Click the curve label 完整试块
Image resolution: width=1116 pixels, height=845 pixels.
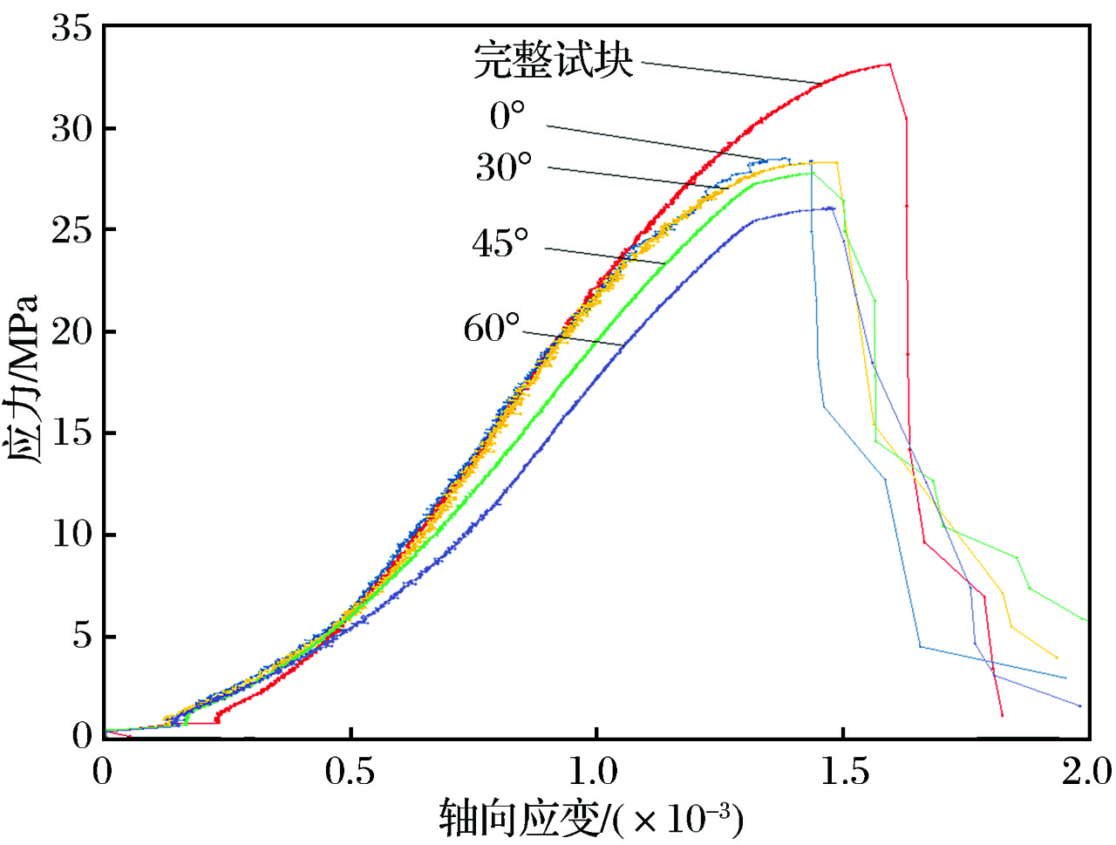[x=553, y=62]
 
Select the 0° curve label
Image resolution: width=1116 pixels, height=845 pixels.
[x=507, y=116]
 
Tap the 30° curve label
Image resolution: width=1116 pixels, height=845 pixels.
[x=503, y=167]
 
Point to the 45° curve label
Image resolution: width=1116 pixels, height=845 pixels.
[x=500, y=243]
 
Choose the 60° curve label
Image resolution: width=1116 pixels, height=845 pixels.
[x=492, y=329]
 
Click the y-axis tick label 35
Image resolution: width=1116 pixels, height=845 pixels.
[x=71, y=29]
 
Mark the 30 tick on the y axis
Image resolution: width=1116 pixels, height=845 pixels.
[x=71, y=130]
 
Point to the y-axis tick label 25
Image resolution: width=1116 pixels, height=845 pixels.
[x=71, y=231]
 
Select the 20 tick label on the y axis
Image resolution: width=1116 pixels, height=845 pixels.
[x=71, y=332]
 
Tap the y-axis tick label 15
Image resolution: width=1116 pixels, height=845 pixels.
[x=71, y=433]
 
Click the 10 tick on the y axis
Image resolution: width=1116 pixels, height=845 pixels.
[x=71, y=535]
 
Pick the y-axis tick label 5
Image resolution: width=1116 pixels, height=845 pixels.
[x=82, y=637]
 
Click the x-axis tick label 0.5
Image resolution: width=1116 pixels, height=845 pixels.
[x=350, y=772]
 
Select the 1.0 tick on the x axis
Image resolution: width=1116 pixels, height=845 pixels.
[x=596, y=772]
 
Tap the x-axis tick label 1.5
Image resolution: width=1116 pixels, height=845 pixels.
[x=842, y=772]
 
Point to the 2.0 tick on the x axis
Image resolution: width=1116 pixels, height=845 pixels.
[x=1086, y=772]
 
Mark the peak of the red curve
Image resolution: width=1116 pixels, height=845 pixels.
[x=888, y=64]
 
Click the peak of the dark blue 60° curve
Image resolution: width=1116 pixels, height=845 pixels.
[x=833, y=208]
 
